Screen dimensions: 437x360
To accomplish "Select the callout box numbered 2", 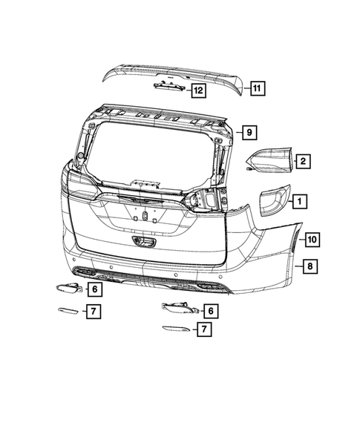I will [303, 160].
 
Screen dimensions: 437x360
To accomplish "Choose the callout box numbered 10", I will [312, 239].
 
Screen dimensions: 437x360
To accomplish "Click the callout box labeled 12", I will [197, 91].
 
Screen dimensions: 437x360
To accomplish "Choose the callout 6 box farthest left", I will [95, 289].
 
